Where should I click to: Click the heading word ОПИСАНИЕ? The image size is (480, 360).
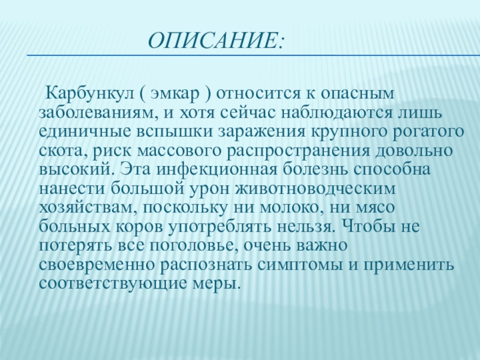214,40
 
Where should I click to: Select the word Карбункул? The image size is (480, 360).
89,93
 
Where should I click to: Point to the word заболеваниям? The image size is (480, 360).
98,113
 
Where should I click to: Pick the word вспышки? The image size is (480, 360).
174,132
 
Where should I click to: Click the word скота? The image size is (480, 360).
64,151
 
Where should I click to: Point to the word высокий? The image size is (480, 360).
77,170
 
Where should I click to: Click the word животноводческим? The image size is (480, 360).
316,189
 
